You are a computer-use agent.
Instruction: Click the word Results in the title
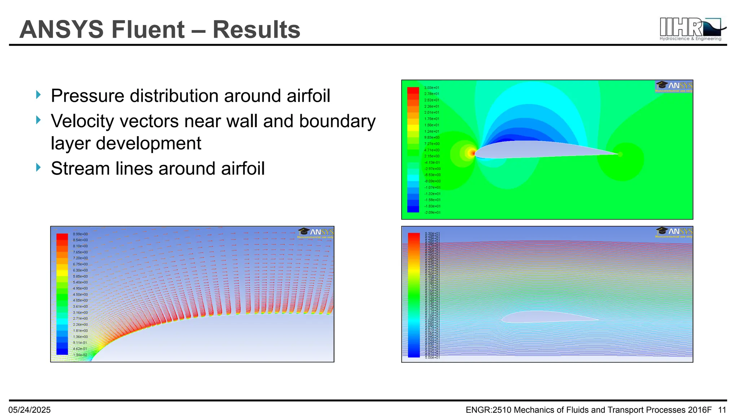click(x=256, y=30)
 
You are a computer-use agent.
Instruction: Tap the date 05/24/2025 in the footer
click(x=30, y=410)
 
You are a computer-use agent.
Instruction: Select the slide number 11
click(x=722, y=410)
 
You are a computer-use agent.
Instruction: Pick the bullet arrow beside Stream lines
click(x=39, y=168)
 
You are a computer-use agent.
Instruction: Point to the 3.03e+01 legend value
click(x=432, y=88)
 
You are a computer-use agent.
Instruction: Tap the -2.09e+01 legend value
click(x=432, y=213)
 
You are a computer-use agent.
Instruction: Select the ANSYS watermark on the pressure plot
click(x=674, y=87)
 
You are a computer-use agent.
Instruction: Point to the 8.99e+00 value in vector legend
click(x=80, y=234)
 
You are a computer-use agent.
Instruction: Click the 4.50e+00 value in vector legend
click(x=80, y=295)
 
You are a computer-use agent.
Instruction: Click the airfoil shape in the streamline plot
click(x=541, y=317)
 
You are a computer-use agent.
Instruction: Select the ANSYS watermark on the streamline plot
click(x=674, y=232)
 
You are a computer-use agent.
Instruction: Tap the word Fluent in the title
click(x=148, y=30)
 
